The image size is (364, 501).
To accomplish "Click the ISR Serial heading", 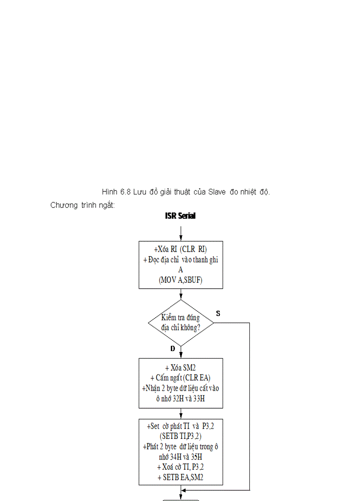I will [x=180, y=216].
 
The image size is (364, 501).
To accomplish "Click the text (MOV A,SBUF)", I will [x=180, y=280].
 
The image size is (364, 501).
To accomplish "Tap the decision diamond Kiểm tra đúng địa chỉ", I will [x=181, y=323].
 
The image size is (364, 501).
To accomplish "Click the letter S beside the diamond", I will [x=218, y=314].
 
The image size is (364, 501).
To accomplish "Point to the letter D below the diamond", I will [x=173, y=349].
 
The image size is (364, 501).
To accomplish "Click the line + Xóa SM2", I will [x=180, y=369].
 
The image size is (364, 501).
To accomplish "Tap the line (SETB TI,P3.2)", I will [x=180, y=436].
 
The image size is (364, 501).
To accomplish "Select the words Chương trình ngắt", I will [x=83, y=205].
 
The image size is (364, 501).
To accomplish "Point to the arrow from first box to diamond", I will [x=181, y=294].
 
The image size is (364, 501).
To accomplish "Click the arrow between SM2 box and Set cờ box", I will [x=181, y=414].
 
